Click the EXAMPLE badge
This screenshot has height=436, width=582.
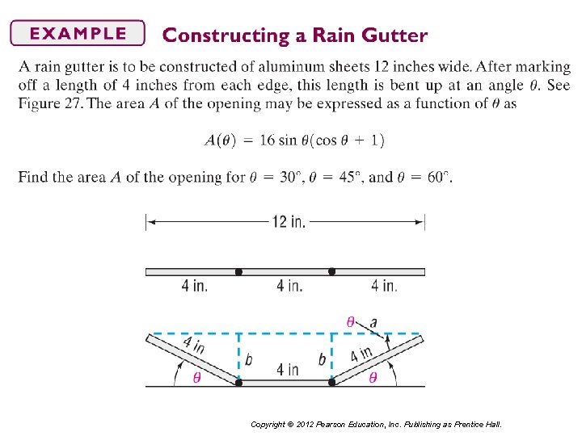(x=77, y=33)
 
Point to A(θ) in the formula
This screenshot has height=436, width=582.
(x=220, y=140)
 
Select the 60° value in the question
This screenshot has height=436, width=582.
(x=436, y=177)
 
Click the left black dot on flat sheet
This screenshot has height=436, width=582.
(x=238, y=272)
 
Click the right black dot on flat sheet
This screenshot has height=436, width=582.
(x=331, y=272)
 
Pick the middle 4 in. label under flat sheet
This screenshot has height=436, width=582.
(x=289, y=286)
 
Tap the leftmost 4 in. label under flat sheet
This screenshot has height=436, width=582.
(x=194, y=286)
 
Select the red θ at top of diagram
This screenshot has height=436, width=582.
(x=350, y=321)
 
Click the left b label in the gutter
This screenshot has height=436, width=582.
(x=248, y=359)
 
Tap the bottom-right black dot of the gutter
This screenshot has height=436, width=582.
(x=331, y=383)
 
